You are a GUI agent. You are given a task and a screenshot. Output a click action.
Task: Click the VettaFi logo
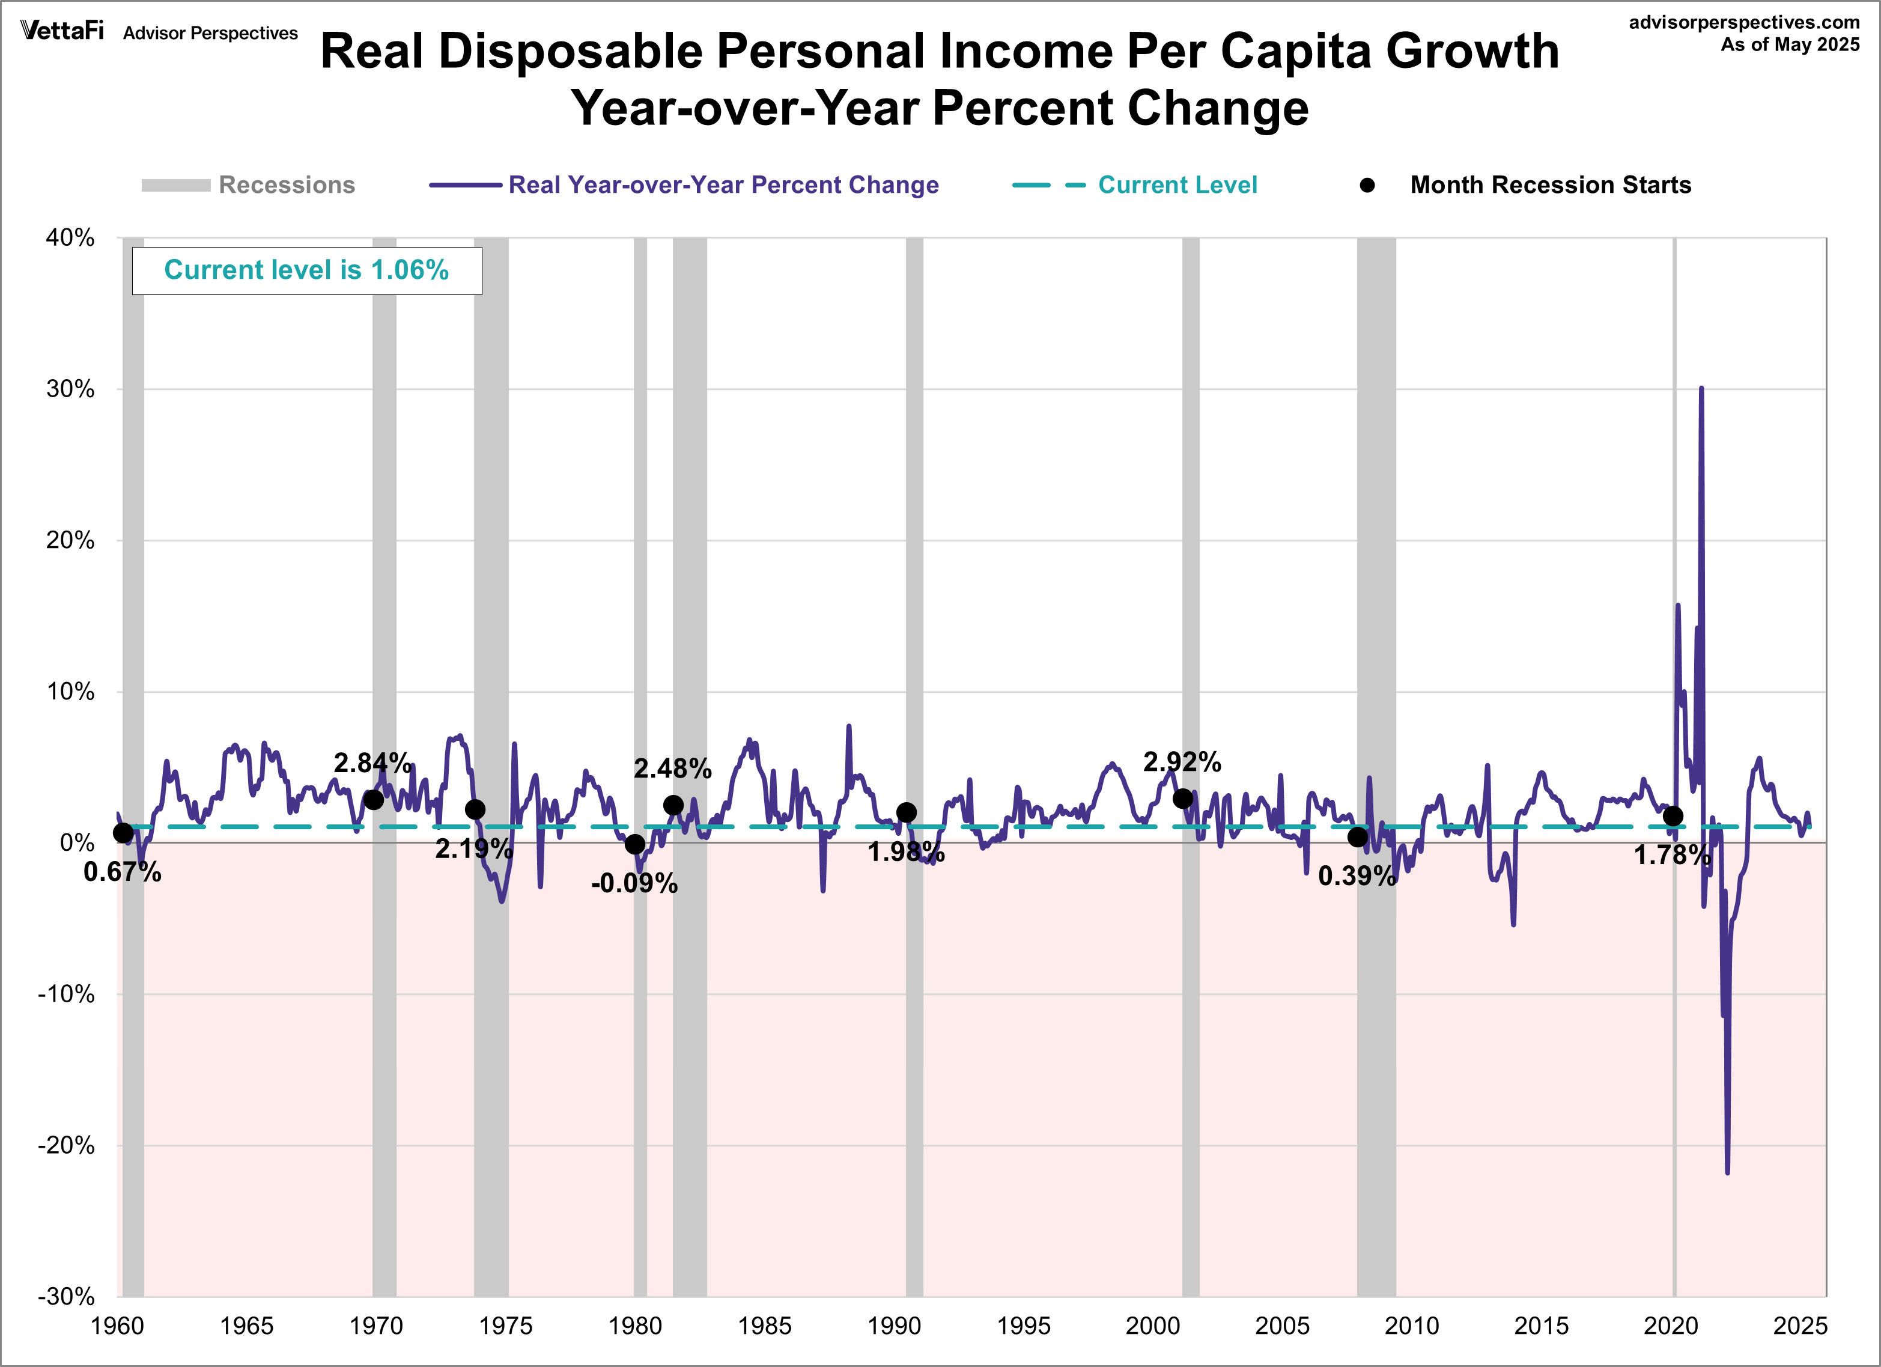(x=62, y=31)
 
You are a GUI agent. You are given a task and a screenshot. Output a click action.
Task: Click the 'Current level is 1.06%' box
(x=307, y=270)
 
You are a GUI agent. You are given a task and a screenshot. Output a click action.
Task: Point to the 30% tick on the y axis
(x=70, y=389)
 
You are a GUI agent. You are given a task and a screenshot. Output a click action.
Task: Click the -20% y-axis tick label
(x=66, y=1145)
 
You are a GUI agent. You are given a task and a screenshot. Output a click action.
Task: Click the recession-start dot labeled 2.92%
(x=1183, y=799)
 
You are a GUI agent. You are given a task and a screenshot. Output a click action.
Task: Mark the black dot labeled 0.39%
(x=1357, y=837)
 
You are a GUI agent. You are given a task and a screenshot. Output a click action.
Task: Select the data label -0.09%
(x=634, y=883)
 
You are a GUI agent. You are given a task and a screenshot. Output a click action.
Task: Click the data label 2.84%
(x=372, y=763)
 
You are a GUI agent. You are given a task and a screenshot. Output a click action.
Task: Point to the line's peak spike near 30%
(x=1701, y=389)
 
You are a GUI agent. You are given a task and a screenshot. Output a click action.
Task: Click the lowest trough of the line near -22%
(x=1728, y=1171)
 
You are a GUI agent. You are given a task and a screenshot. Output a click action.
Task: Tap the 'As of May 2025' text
(x=1790, y=45)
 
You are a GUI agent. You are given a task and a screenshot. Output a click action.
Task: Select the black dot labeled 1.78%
(x=1673, y=816)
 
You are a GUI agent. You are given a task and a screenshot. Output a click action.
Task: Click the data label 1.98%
(x=906, y=852)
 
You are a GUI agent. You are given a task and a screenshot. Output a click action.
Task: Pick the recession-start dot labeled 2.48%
(x=673, y=805)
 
